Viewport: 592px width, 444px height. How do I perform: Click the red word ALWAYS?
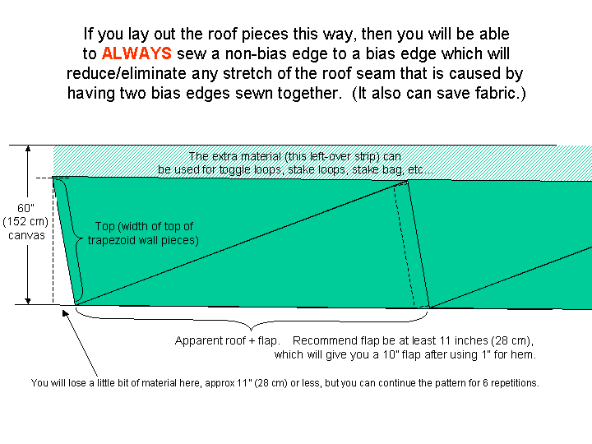pyautogui.click(x=136, y=53)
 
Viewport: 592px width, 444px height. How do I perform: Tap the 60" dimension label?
pyautogui.click(x=25, y=208)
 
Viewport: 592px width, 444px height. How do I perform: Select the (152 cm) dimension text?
pyautogui.click(x=25, y=222)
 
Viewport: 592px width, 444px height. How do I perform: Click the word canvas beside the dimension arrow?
pyautogui.click(x=26, y=236)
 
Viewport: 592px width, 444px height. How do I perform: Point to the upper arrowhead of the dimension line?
pyautogui.click(x=28, y=149)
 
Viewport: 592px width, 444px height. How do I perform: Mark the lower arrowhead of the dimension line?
pyautogui.click(x=28, y=301)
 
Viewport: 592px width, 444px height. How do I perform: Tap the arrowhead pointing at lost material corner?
pyautogui.click(x=65, y=313)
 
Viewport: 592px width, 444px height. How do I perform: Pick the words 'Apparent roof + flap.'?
pyautogui.click(x=228, y=341)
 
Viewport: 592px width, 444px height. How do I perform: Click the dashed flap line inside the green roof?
pyautogui.click(x=404, y=245)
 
